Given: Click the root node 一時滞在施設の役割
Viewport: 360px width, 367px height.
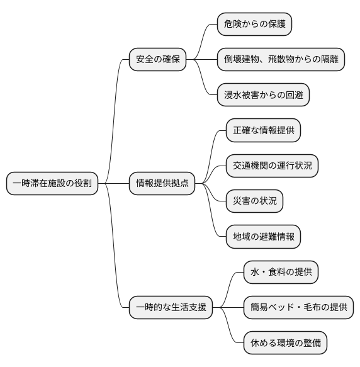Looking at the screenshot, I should pyautogui.click(x=52, y=184).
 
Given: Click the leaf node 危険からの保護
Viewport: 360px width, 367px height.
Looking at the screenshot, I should pyautogui.click(x=254, y=25).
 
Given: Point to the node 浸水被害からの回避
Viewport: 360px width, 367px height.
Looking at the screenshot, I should pyautogui.click(x=263, y=96).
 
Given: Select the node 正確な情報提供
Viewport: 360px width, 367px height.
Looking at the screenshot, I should pyautogui.click(x=263, y=131).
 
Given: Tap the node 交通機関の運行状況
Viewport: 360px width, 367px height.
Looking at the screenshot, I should pyautogui.click(x=272, y=166).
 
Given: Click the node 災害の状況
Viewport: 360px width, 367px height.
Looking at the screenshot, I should pyautogui.click(x=254, y=201).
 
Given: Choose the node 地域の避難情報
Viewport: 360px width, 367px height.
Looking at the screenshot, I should pyautogui.click(x=263, y=237).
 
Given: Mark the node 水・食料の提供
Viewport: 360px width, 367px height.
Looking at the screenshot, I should pyautogui.click(x=281, y=273).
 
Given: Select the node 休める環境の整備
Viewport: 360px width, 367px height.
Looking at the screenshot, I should pyautogui.click(x=285, y=343).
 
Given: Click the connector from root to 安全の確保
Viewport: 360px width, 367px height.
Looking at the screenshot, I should pyautogui.click(x=115, y=113).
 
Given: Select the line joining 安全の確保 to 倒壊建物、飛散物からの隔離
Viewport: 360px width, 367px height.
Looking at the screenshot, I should pyautogui.click(x=205, y=60).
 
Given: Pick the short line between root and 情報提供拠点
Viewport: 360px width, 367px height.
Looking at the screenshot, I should pyautogui.click(x=113, y=184).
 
